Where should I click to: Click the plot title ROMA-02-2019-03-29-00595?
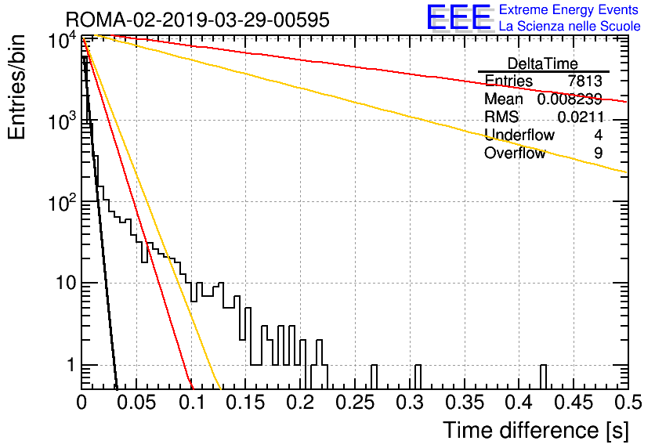(197, 20)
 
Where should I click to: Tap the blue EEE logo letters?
(458, 17)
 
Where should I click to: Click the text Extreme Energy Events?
(569, 9)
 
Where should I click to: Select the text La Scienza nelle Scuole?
(570, 27)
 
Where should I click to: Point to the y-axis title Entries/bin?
(17, 87)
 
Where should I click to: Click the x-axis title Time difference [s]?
(536, 431)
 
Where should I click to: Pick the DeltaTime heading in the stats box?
(543, 64)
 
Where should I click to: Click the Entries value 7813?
(584, 81)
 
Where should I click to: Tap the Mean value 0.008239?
(570, 99)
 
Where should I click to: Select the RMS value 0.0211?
(581, 117)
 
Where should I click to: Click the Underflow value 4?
(598, 135)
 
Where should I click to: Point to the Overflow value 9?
(598, 154)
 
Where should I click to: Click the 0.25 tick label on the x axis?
(355, 403)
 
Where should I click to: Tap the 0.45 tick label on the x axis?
(574, 403)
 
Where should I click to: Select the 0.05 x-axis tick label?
(136, 403)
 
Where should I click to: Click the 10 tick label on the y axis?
(66, 284)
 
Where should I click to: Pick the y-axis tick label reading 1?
(71, 365)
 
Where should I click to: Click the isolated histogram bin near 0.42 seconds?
(543, 377)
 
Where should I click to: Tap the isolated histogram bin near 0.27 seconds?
(374, 377)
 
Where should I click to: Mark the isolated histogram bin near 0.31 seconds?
(418, 377)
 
